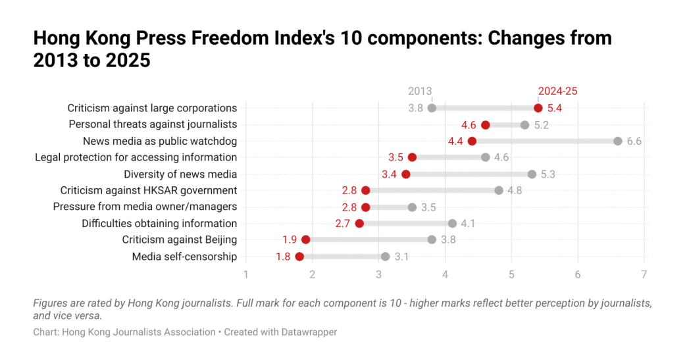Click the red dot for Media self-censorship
(299, 257)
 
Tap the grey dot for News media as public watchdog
(618, 141)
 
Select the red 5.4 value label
(555, 108)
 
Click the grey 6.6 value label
(634, 141)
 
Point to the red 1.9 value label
(290, 240)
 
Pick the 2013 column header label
(420, 91)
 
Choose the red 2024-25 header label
(557, 91)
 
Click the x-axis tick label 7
(644, 274)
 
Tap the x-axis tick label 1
(246, 274)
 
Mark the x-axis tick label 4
(445, 274)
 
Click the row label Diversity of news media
(180, 174)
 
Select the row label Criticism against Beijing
(180, 240)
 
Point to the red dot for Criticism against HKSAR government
(366, 190)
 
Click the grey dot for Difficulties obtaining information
(452, 223)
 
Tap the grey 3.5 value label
(428, 207)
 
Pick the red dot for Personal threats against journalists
(485, 125)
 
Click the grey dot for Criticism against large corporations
(432, 108)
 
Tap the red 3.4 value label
(389, 174)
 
